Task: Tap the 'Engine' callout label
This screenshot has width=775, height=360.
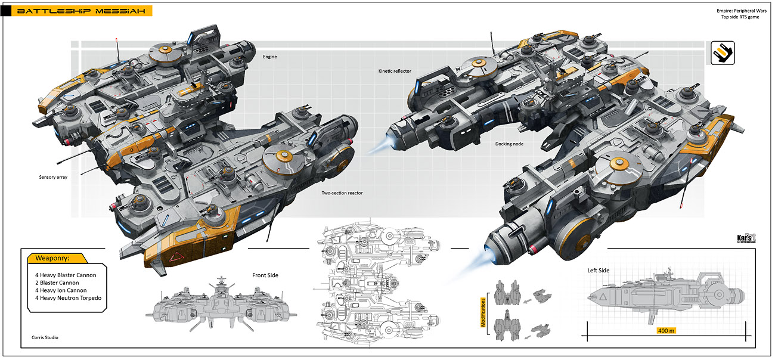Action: [x=269, y=57]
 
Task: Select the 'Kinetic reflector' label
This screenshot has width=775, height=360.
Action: [x=395, y=71]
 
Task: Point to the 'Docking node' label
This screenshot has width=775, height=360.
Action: [x=509, y=144]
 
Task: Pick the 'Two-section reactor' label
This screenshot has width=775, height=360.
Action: [x=342, y=193]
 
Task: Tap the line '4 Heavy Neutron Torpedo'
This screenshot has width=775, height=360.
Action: [x=68, y=297]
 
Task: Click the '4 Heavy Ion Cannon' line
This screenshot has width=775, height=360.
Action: [x=61, y=290]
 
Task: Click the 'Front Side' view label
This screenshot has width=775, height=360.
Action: [x=265, y=275]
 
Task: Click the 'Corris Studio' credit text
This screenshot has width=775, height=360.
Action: [x=45, y=337]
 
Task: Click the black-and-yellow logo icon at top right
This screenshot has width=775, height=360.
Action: [x=723, y=52]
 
